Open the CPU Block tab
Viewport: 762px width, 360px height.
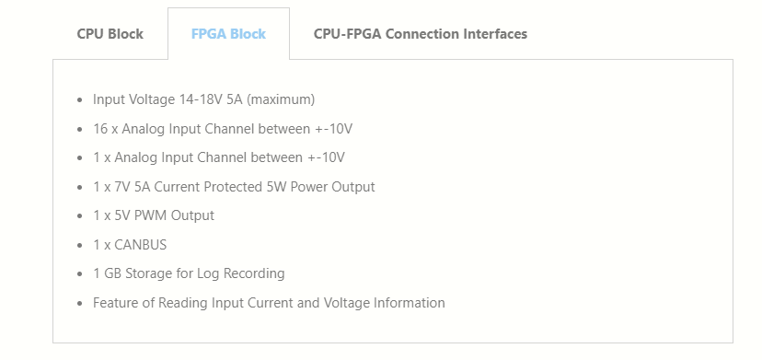[x=110, y=34]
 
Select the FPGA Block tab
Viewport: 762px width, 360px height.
[x=228, y=34]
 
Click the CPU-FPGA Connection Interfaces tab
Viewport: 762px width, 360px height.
[x=421, y=34]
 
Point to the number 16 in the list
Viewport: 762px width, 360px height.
[x=100, y=129]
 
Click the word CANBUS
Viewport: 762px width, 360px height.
[x=141, y=245]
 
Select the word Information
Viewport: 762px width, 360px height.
[x=409, y=303]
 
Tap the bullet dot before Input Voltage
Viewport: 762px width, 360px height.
[x=80, y=100]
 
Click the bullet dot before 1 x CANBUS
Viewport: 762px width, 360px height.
[x=80, y=245]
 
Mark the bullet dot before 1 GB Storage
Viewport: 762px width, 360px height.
[x=80, y=273]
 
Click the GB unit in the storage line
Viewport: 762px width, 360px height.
[x=113, y=273]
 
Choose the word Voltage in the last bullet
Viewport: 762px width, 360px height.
[x=347, y=303]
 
